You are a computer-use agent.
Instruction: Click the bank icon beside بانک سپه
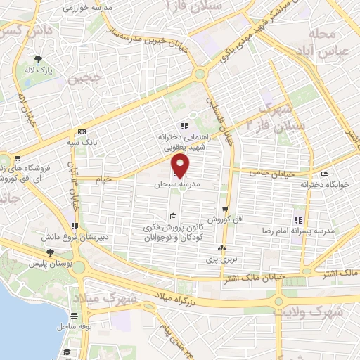pyautogui.click(x=82, y=132)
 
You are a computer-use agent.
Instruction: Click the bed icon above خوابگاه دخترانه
pyautogui.click(x=324, y=174)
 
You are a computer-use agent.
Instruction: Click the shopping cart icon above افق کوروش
pyautogui.click(x=225, y=209)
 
